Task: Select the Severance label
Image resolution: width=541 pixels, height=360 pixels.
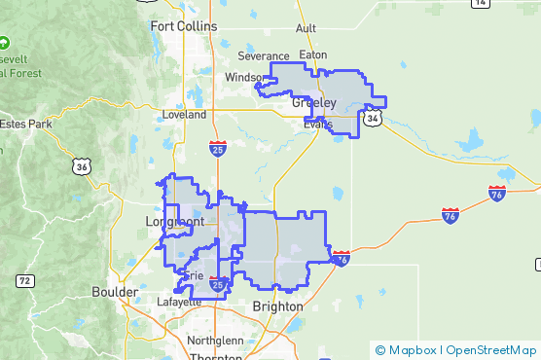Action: [x=264, y=56]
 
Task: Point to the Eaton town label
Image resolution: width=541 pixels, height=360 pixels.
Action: [x=313, y=55]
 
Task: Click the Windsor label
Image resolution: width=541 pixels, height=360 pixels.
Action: [x=243, y=77]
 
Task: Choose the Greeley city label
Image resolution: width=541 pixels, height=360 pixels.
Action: [x=313, y=102]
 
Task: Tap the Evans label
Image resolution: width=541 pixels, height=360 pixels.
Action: [x=317, y=124]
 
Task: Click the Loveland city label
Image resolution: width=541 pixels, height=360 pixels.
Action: [x=185, y=114]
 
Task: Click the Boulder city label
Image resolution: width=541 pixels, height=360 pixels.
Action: [x=115, y=291]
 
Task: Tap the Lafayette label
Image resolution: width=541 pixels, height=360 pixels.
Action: [x=179, y=302]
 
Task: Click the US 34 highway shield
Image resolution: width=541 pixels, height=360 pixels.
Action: [x=374, y=118]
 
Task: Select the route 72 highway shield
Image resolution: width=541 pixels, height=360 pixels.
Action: [x=24, y=281]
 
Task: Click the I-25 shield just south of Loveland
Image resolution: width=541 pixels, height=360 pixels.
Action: [x=219, y=148]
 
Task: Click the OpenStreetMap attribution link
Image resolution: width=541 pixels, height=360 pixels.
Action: [x=491, y=349]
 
